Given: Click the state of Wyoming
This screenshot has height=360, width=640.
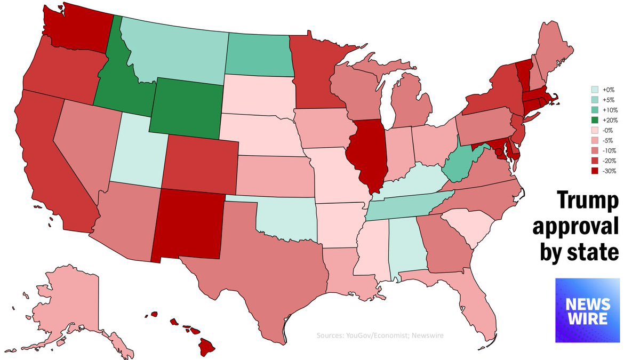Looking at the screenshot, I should [x=187, y=107].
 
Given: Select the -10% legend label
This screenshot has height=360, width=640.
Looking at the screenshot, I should [x=607, y=150].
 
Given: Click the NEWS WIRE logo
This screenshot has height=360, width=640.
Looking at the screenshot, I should [x=587, y=310].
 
